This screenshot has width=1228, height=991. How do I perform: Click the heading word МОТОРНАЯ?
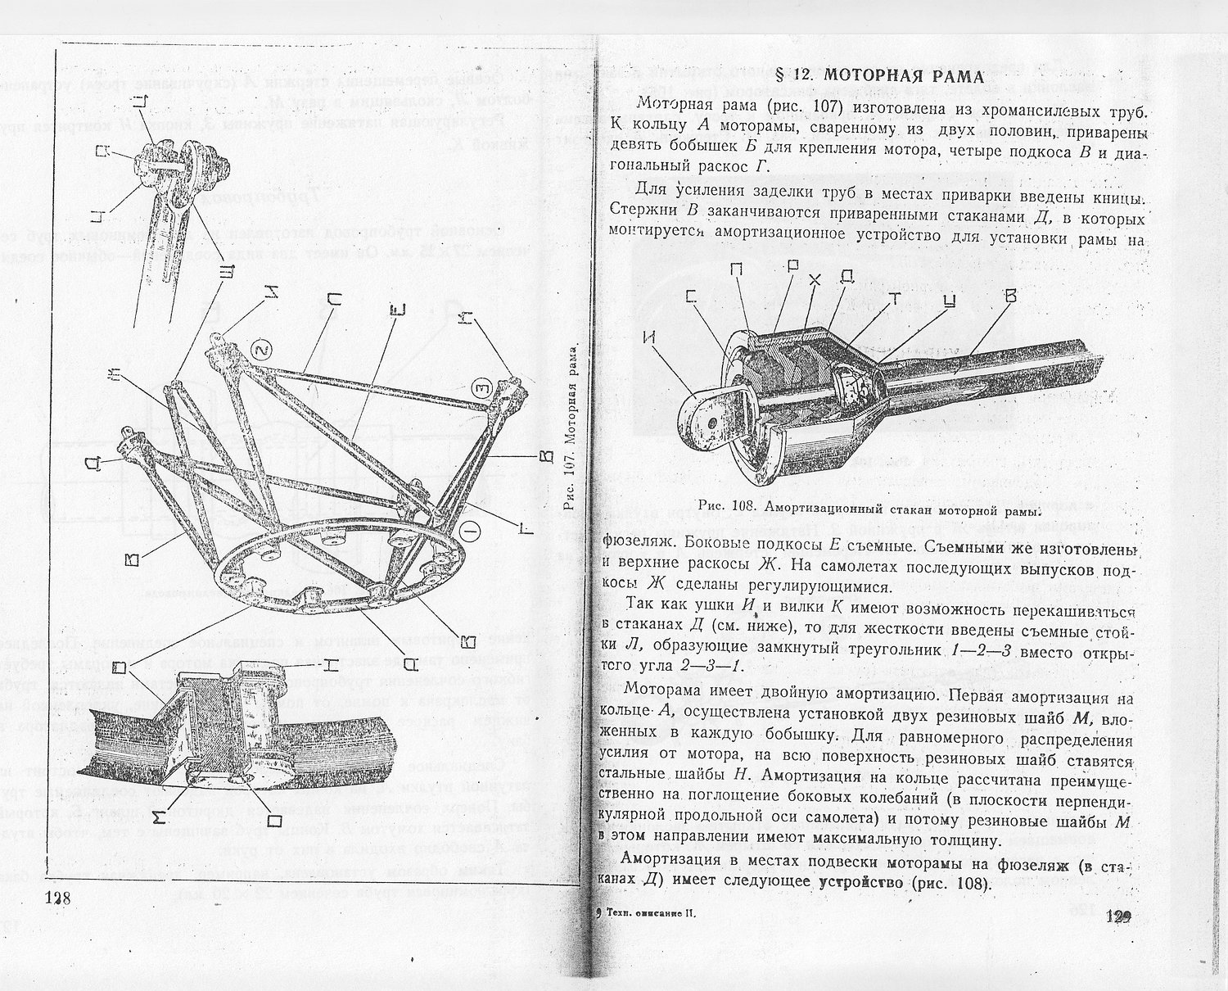[873, 76]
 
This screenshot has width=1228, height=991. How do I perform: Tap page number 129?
[1117, 916]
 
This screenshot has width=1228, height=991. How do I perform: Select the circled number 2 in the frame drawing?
[260, 349]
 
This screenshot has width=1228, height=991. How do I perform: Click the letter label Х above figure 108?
[813, 279]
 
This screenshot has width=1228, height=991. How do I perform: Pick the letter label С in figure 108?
[693, 296]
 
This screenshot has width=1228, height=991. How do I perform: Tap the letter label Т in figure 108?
[894, 300]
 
